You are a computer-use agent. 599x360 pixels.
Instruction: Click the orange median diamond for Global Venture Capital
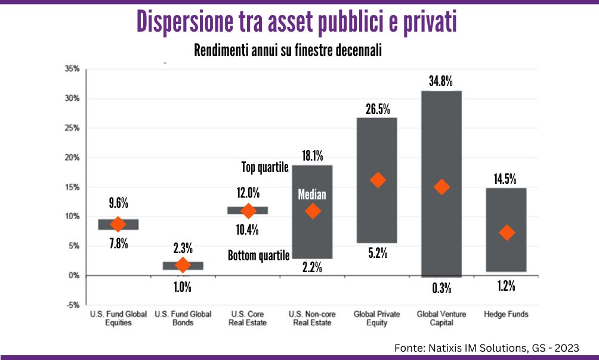point(441,187)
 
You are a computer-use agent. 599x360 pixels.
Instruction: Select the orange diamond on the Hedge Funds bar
point(507,233)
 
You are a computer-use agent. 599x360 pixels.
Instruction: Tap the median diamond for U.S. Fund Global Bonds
point(183,264)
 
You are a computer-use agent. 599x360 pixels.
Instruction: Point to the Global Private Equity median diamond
point(378,180)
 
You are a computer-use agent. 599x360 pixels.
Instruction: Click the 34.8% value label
point(441,80)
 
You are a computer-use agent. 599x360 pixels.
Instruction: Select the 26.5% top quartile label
point(377,109)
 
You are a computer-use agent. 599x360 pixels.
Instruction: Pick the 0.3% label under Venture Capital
point(441,289)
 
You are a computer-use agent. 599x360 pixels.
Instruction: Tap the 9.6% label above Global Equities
point(118,202)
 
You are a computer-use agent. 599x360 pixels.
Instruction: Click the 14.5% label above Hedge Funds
point(506,179)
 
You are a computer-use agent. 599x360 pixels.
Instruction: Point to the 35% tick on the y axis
point(72,69)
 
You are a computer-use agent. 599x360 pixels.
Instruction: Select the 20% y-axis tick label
point(72,158)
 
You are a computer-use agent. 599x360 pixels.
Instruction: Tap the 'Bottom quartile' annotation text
point(258,256)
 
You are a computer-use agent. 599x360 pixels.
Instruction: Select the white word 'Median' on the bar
point(313,195)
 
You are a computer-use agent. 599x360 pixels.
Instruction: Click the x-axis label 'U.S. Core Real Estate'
point(248,318)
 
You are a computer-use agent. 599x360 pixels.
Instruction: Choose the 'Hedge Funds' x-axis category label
point(506,314)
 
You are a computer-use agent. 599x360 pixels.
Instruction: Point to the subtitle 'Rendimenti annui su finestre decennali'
point(288,51)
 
